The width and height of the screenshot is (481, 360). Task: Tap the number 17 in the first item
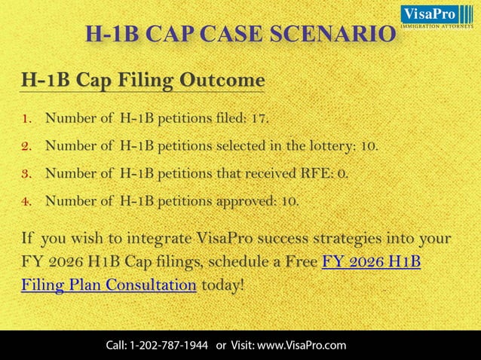point(258,118)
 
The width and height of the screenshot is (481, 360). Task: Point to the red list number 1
point(26,119)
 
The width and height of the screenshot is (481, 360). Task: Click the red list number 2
point(26,146)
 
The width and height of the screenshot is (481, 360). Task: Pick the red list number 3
point(26,173)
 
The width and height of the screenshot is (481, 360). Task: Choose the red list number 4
point(26,201)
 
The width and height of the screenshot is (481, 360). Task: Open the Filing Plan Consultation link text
point(109,285)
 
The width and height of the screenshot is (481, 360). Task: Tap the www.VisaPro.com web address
point(302,345)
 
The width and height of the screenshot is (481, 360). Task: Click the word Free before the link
point(298,262)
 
